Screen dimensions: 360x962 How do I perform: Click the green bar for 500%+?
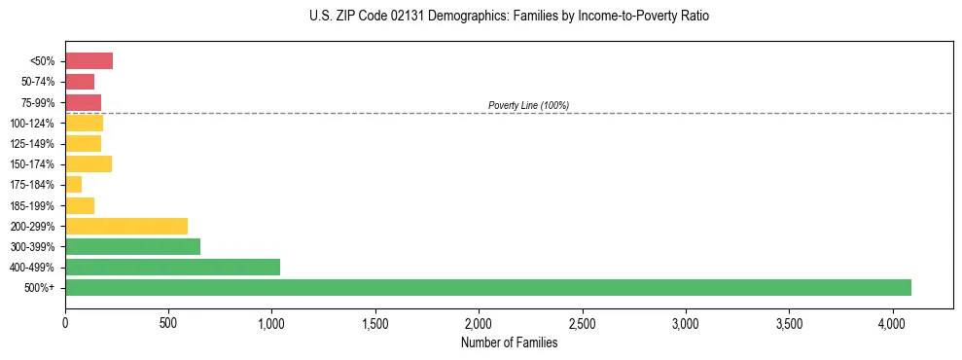486,287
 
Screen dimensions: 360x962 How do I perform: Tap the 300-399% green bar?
132,246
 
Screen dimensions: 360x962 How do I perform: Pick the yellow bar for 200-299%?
126,226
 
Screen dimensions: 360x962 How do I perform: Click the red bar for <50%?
89,61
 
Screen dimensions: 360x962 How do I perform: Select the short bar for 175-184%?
73,184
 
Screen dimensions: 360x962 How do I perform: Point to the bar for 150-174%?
89,163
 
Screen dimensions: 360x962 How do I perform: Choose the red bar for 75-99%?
83,102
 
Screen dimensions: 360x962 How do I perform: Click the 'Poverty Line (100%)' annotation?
528,105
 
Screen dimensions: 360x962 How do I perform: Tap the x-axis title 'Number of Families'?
509,342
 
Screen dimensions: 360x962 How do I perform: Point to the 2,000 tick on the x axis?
479,322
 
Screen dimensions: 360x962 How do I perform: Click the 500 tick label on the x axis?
168,322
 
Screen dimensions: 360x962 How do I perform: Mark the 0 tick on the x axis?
65,322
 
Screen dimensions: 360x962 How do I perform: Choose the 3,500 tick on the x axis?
789,322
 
